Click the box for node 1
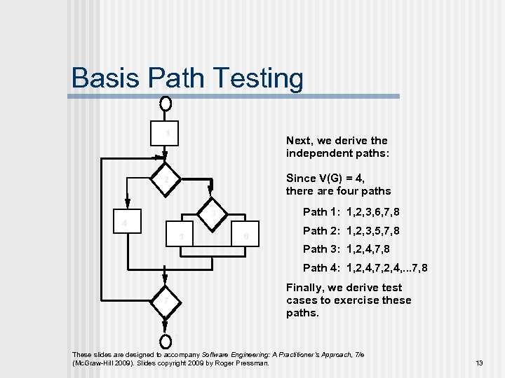pyautogui.click(x=166, y=133)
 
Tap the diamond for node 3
pyautogui.click(x=214, y=211)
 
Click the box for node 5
pyautogui.click(x=182, y=236)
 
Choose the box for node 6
pyautogui.click(x=245, y=236)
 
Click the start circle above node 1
pyautogui.click(x=166, y=104)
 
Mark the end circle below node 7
pyautogui.click(x=166, y=342)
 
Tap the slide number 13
pyautogui.click(x=479, y=363)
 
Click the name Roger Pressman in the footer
pyautogui.click(x=250, y=363)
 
